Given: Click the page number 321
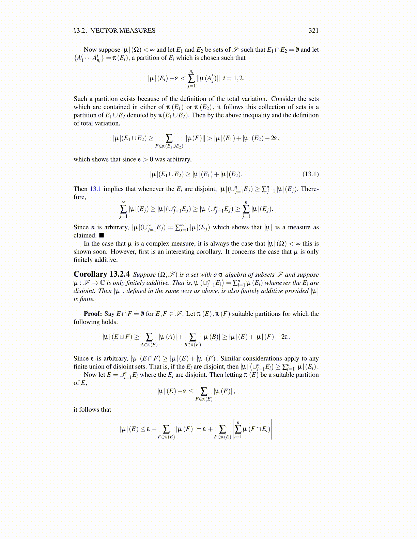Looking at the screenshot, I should (x=313, y=31).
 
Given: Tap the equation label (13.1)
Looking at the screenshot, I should (x=310, y=174).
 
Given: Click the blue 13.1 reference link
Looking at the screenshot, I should (x=95, y=189).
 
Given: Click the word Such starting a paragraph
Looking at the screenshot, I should (x=80, y=99).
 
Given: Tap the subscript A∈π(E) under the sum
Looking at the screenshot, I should (x=149, y=345).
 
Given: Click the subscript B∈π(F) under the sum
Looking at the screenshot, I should (x=192, y=345).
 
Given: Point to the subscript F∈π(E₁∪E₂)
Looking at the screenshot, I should (x=169, y=146).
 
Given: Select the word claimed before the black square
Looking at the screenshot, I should (x=85, y=235).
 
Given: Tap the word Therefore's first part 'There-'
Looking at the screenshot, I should (x=310, y=189).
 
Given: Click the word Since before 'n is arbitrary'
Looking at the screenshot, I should (x=81, y=227).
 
